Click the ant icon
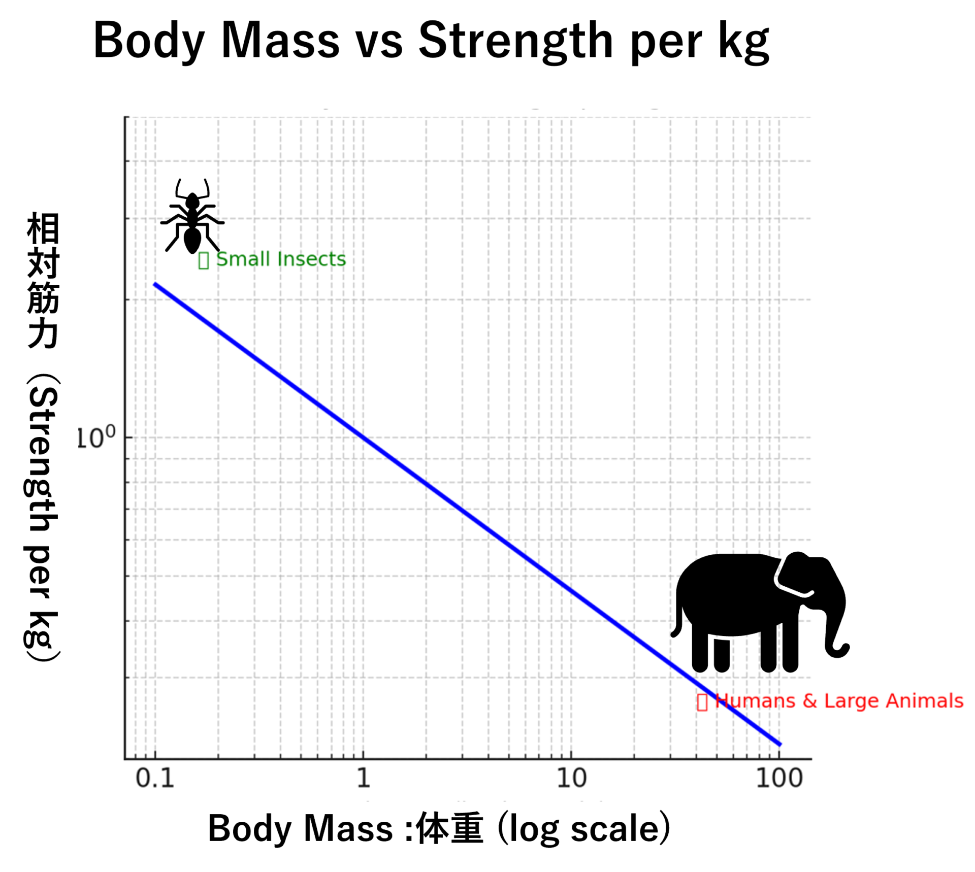pos(192,218)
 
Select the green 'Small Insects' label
pos(280,259)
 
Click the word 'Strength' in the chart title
pos(515,41)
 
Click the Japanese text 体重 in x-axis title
pos(449,829)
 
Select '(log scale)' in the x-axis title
pos(584,829)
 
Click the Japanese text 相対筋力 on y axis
pos(43,280)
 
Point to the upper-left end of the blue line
pos(155,284)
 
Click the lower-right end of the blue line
pos(779,744)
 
